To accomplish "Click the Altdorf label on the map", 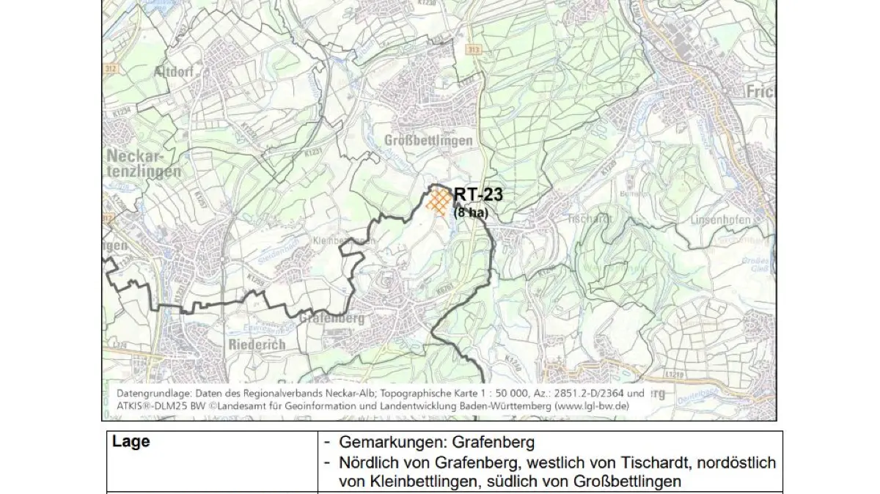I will (x=173, y=72).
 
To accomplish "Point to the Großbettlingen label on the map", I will (x=428, y=140).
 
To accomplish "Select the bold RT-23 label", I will (x=478, y=195).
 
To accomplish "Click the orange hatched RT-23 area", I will (x=439, y=201).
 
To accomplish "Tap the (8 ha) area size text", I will (x=470, y=213).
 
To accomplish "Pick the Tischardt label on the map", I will (x=590, y=218).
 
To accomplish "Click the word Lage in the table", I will (x=131, y=441).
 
